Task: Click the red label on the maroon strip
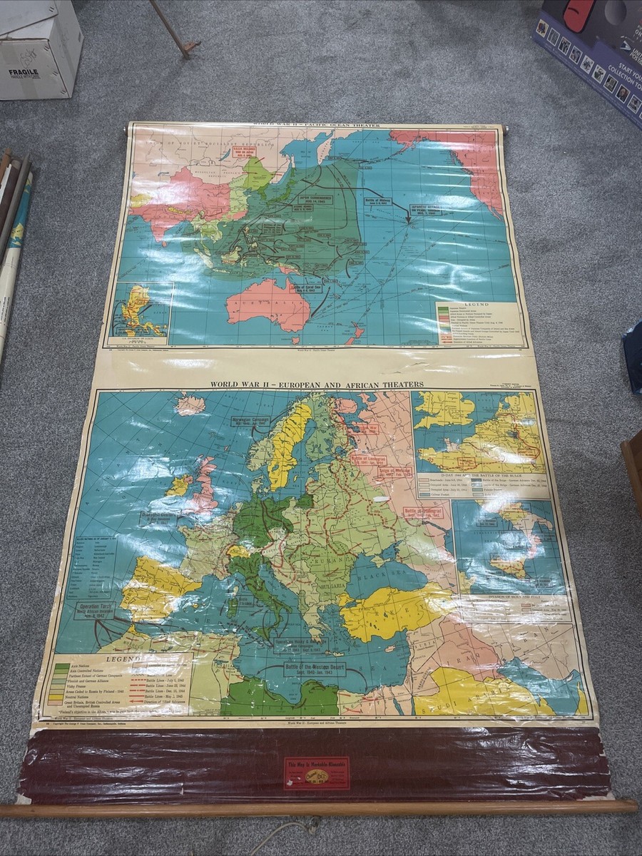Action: tap(317, 773)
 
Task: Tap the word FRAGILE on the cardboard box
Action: tap(24, 72)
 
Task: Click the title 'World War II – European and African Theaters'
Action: tap(317, 384)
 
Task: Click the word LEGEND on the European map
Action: tap(106, 659)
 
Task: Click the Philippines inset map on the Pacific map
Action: tap(141, 310)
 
